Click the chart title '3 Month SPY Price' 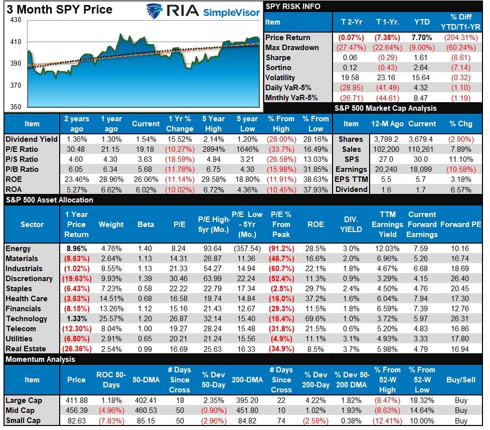59,10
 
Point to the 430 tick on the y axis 16,20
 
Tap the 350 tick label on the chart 16,107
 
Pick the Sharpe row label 278,58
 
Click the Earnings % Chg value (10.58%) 459,169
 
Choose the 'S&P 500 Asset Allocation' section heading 49,200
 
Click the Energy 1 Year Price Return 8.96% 76,249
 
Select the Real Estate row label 26,349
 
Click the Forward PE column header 460,225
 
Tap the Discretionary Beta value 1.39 145,279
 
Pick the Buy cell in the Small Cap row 460,420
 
